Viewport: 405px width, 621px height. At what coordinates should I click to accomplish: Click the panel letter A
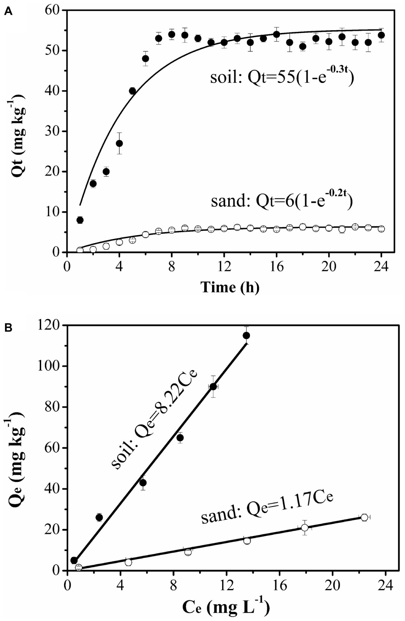pyautogui.click(x=8, y=12)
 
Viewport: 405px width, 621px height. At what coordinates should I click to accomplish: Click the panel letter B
pyautogui.click(x=8, y=328)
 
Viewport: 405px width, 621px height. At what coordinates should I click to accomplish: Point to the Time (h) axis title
pyautogui.click(x=230, y=287)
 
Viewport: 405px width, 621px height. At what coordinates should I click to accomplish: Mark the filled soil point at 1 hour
pyautogui.click(x=80, y=220)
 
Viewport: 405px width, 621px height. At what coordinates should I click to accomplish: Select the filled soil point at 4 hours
pyautogui.click(x=119, y=143)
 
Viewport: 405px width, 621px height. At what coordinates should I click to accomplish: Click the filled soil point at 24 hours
pyautogui.click(x=381, y=35)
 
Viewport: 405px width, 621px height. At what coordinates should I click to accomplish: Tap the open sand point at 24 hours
pyautogui.click(x=381, y=229)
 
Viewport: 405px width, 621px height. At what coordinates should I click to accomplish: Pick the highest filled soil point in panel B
pyautogui.click(x=246, y=335)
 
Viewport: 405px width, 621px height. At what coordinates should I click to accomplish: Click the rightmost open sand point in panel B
pyautogui.click(x=364, y=517)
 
